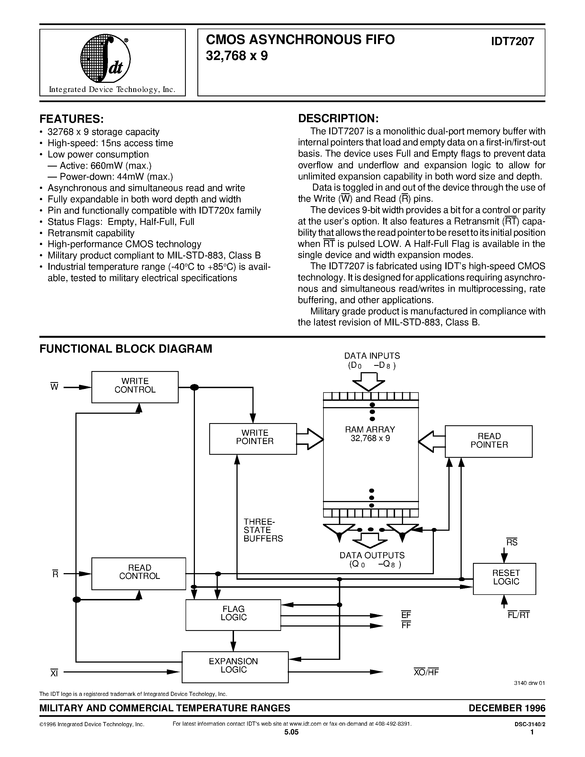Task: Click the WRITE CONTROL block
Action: coord(135,387)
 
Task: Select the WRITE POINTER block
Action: coord(253,439)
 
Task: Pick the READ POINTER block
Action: coord(489,441)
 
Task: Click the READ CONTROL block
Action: coord(139,573)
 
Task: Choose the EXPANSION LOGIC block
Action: coord(235,667)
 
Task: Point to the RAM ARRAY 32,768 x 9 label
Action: coord(370,434)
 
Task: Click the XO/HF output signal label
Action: coord(426,672)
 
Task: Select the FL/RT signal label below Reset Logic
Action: coord(518,615)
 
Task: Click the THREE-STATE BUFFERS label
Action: coord(263,530)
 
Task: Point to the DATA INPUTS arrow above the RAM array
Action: coord(369,381)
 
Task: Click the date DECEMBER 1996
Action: coord(507,708)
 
